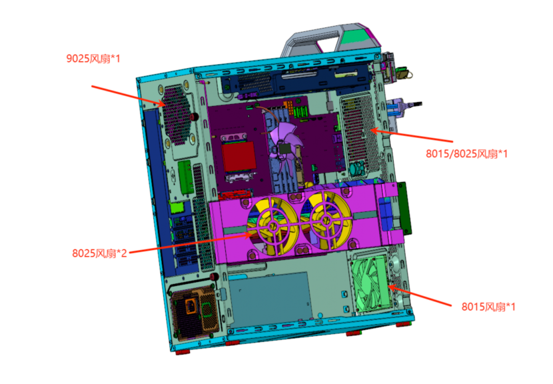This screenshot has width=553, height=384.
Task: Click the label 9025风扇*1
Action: point(93,58)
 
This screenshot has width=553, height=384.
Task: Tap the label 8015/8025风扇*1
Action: point(466,153)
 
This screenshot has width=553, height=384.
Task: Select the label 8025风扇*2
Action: point(99,253)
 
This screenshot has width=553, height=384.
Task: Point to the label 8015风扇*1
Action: point(488,307)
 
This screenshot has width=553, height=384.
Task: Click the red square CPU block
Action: point(239,157)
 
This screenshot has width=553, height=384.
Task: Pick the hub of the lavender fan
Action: point(284,147)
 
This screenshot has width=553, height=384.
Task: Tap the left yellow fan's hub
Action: point(273,225)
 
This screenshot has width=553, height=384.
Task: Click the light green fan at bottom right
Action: point(370,283)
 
